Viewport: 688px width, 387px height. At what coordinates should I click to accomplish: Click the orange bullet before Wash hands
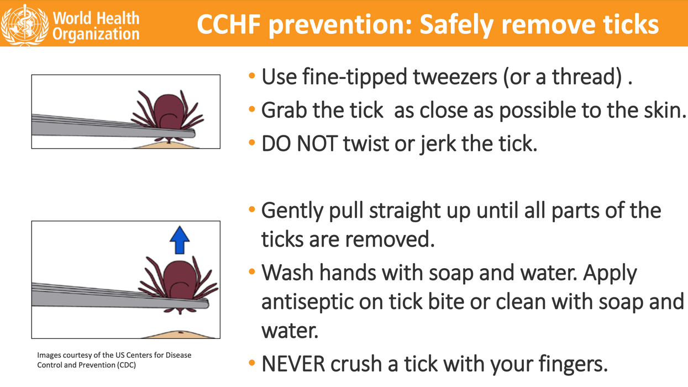tap(252, 272)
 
